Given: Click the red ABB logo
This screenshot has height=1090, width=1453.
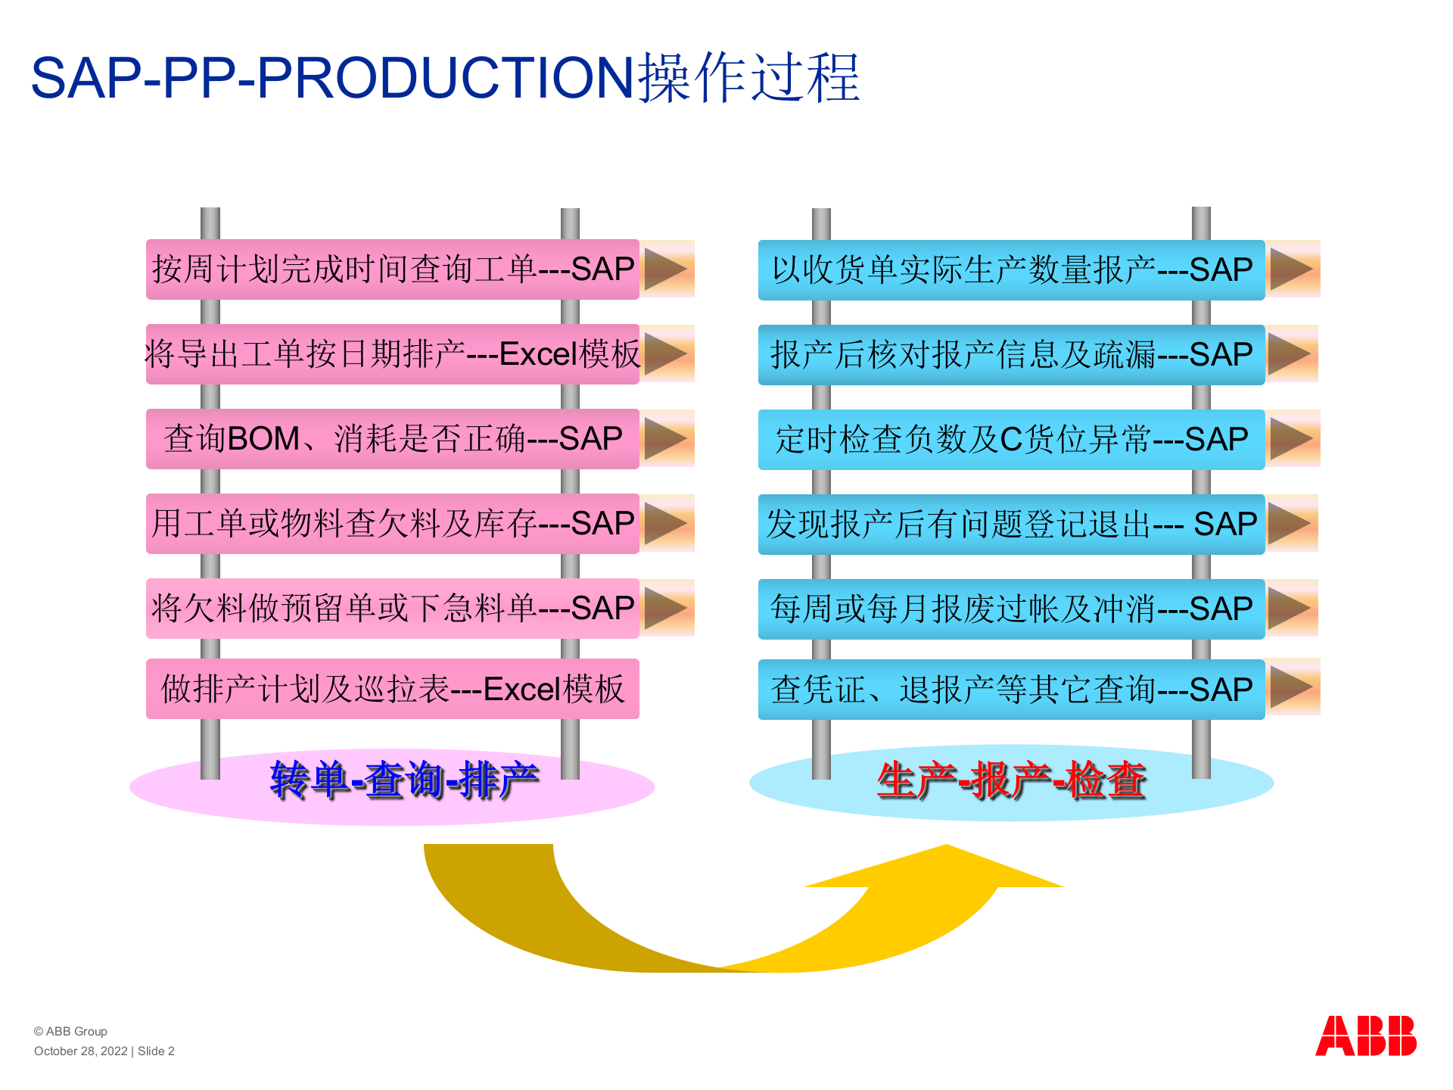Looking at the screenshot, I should [1365, 1035].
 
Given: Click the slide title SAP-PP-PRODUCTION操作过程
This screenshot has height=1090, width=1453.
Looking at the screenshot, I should [445, 78].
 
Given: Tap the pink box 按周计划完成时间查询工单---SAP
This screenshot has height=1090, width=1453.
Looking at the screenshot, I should [392, 269].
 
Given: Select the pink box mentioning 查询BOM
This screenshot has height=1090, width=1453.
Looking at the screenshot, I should [392, 439].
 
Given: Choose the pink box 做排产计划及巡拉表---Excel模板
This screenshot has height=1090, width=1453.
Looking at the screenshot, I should [392, 689].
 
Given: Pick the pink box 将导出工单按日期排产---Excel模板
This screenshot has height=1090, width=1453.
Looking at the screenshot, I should [392, 354].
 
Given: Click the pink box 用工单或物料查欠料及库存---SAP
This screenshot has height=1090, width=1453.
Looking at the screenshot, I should [392, 524].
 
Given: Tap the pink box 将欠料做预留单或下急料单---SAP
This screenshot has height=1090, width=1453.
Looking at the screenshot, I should [392, 609].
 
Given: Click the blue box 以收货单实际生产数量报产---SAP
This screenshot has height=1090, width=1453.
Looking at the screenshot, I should [1011, 270].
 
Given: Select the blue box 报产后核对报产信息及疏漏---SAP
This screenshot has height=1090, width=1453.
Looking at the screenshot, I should [1011, 355].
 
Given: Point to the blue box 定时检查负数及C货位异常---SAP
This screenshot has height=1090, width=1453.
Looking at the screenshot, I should [1011, 440].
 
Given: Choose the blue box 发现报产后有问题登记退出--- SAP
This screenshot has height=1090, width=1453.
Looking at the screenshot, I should [1011, 525].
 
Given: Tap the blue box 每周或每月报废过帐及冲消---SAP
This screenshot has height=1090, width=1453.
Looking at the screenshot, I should [1011, 609].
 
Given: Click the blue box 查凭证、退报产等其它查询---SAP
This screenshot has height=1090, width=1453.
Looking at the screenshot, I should [1011, 690].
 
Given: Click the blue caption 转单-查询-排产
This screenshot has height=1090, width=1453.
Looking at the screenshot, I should [404, 780].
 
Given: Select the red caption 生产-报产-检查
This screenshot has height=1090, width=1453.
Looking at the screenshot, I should [1011, 780].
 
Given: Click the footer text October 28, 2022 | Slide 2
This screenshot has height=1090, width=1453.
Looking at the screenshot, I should [104, 1051].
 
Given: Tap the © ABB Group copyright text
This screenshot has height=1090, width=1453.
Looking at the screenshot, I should [70, 1032].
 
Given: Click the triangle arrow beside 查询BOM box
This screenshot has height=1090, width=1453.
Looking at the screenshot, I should [666, 439].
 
